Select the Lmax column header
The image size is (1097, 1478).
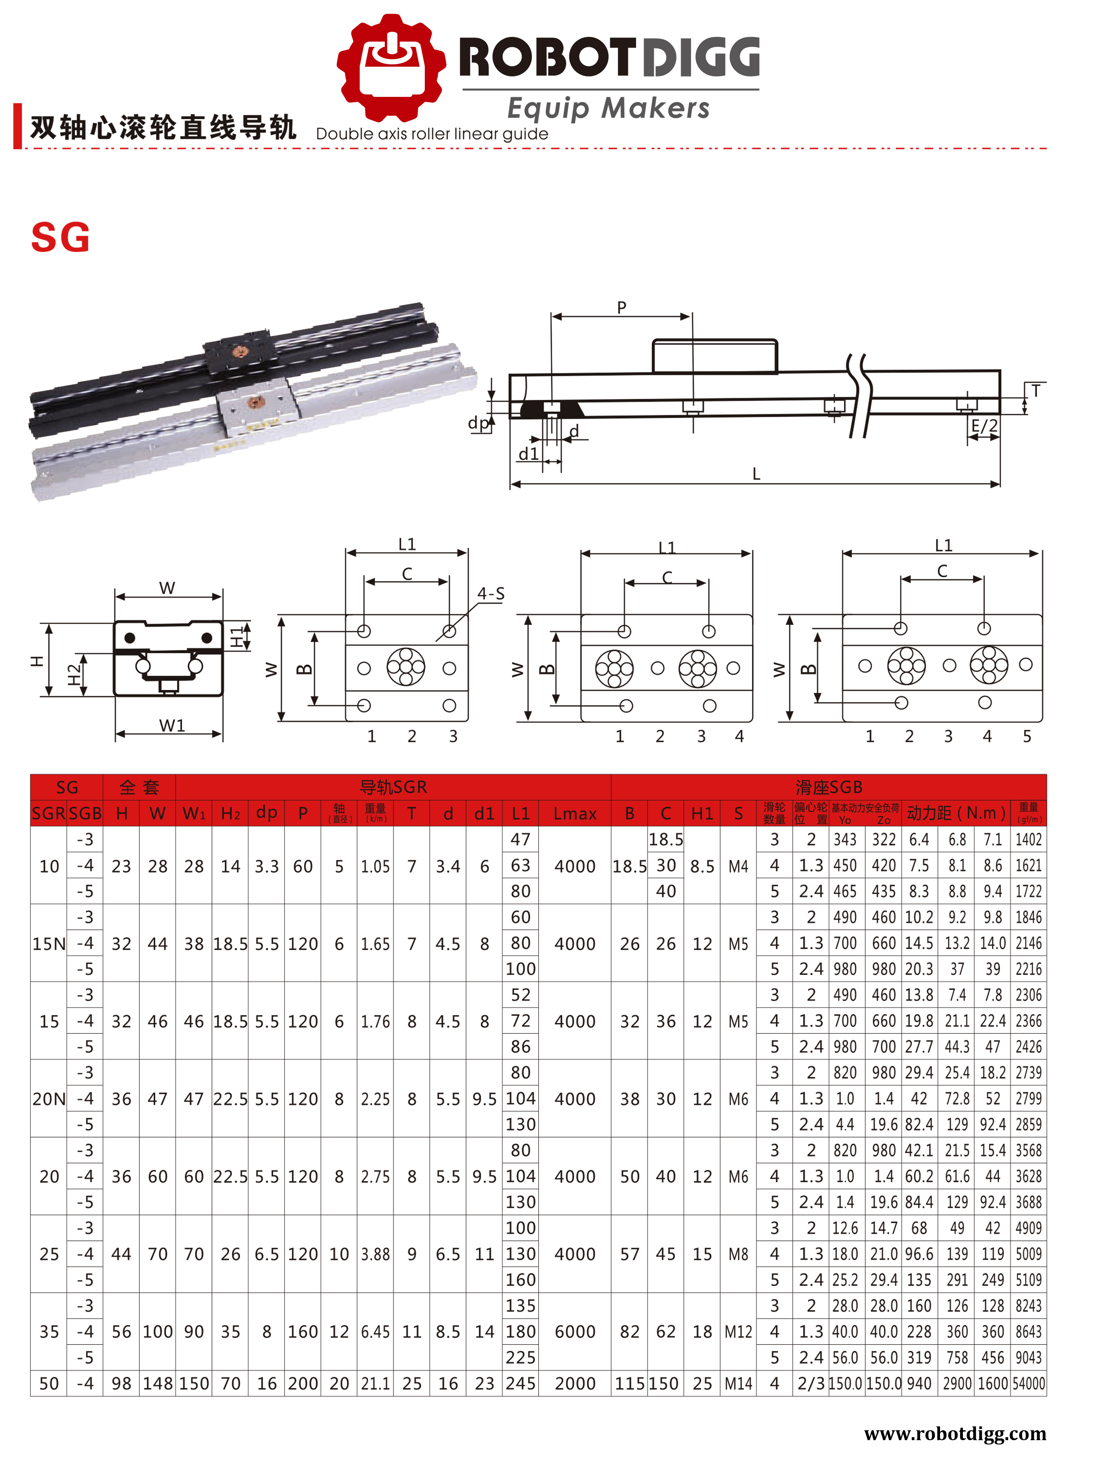pos(575,813)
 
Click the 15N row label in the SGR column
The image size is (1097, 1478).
pos(49,943)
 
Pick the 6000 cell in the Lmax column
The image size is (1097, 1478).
pos(575,1331)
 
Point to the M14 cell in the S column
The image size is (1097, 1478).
pos(738,1384)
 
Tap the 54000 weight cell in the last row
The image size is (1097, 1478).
pos(1028,1384)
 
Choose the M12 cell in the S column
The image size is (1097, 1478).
pos(738,1331)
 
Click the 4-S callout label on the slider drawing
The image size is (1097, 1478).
pos(491,593)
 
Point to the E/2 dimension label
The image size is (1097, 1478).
pos(983,426)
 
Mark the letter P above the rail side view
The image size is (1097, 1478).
pos(621,307)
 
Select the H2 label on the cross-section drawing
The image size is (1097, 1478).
pos(74,675)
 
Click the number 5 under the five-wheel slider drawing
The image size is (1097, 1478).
pos(1026,736)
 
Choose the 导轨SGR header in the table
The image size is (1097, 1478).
pos(393,787)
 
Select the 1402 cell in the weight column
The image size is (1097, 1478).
pos(1028,839)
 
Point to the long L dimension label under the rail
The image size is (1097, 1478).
pos(756,473)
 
